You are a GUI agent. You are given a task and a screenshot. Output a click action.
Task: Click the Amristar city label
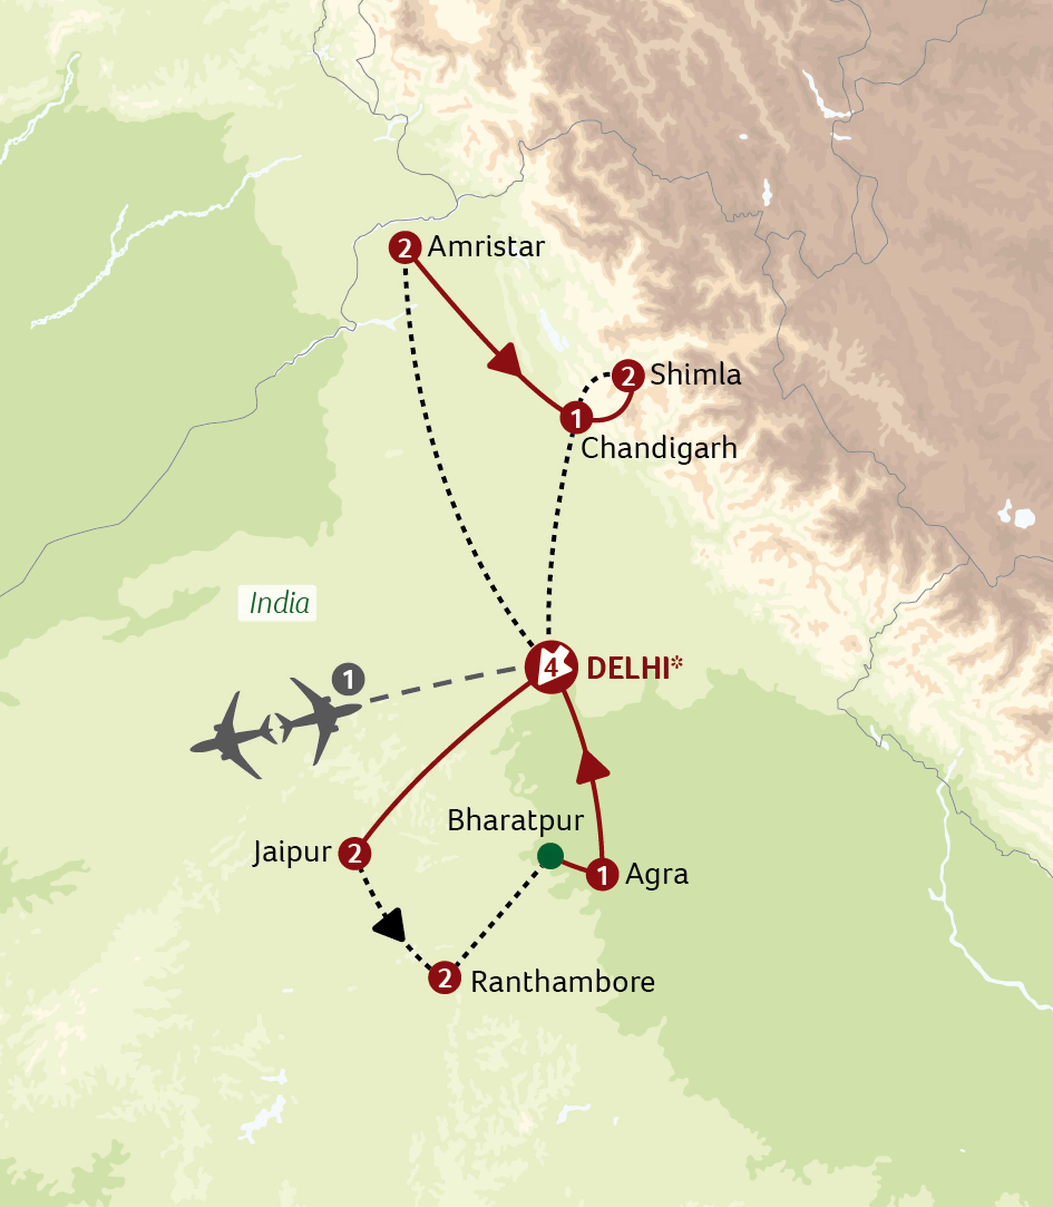(486, 247)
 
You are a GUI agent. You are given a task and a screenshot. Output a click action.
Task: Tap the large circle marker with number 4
(551, 668)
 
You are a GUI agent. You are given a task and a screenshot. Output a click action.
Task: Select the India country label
(279, 603)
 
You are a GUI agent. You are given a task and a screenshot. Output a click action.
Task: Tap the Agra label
(656, 874)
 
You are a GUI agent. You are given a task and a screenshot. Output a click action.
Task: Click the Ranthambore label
(562, 982)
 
